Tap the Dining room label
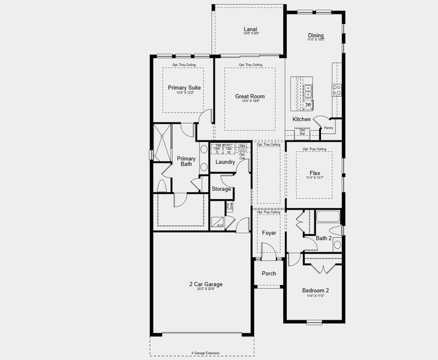coord(316,35)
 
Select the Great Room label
coord(250,97)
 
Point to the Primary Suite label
coord(184,88)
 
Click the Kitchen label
coord(301,119)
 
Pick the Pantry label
coord(328,128)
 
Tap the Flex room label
coord(315,173)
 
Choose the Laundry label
coord(225,162)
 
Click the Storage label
coord(221,189)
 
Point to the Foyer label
coord(269,232)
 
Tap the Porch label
coord(269,274)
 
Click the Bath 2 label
coord(324,238)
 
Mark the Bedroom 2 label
coord(315,290)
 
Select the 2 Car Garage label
coord(205,284)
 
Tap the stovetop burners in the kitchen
coord(337,90)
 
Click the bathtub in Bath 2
coord(327,217)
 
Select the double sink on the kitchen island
coord(308,91)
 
